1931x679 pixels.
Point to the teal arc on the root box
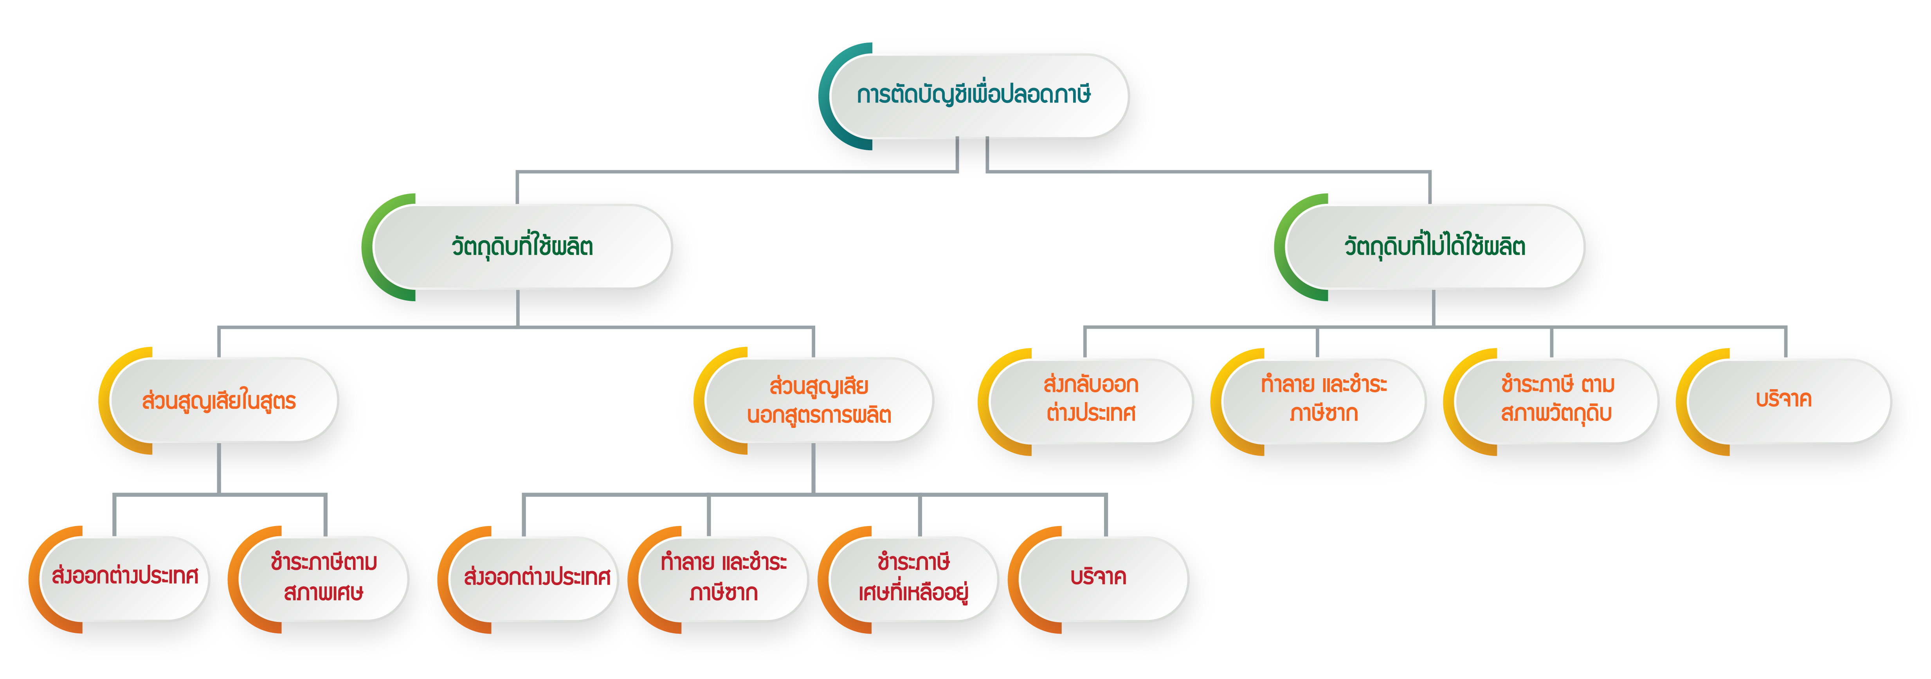825,96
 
